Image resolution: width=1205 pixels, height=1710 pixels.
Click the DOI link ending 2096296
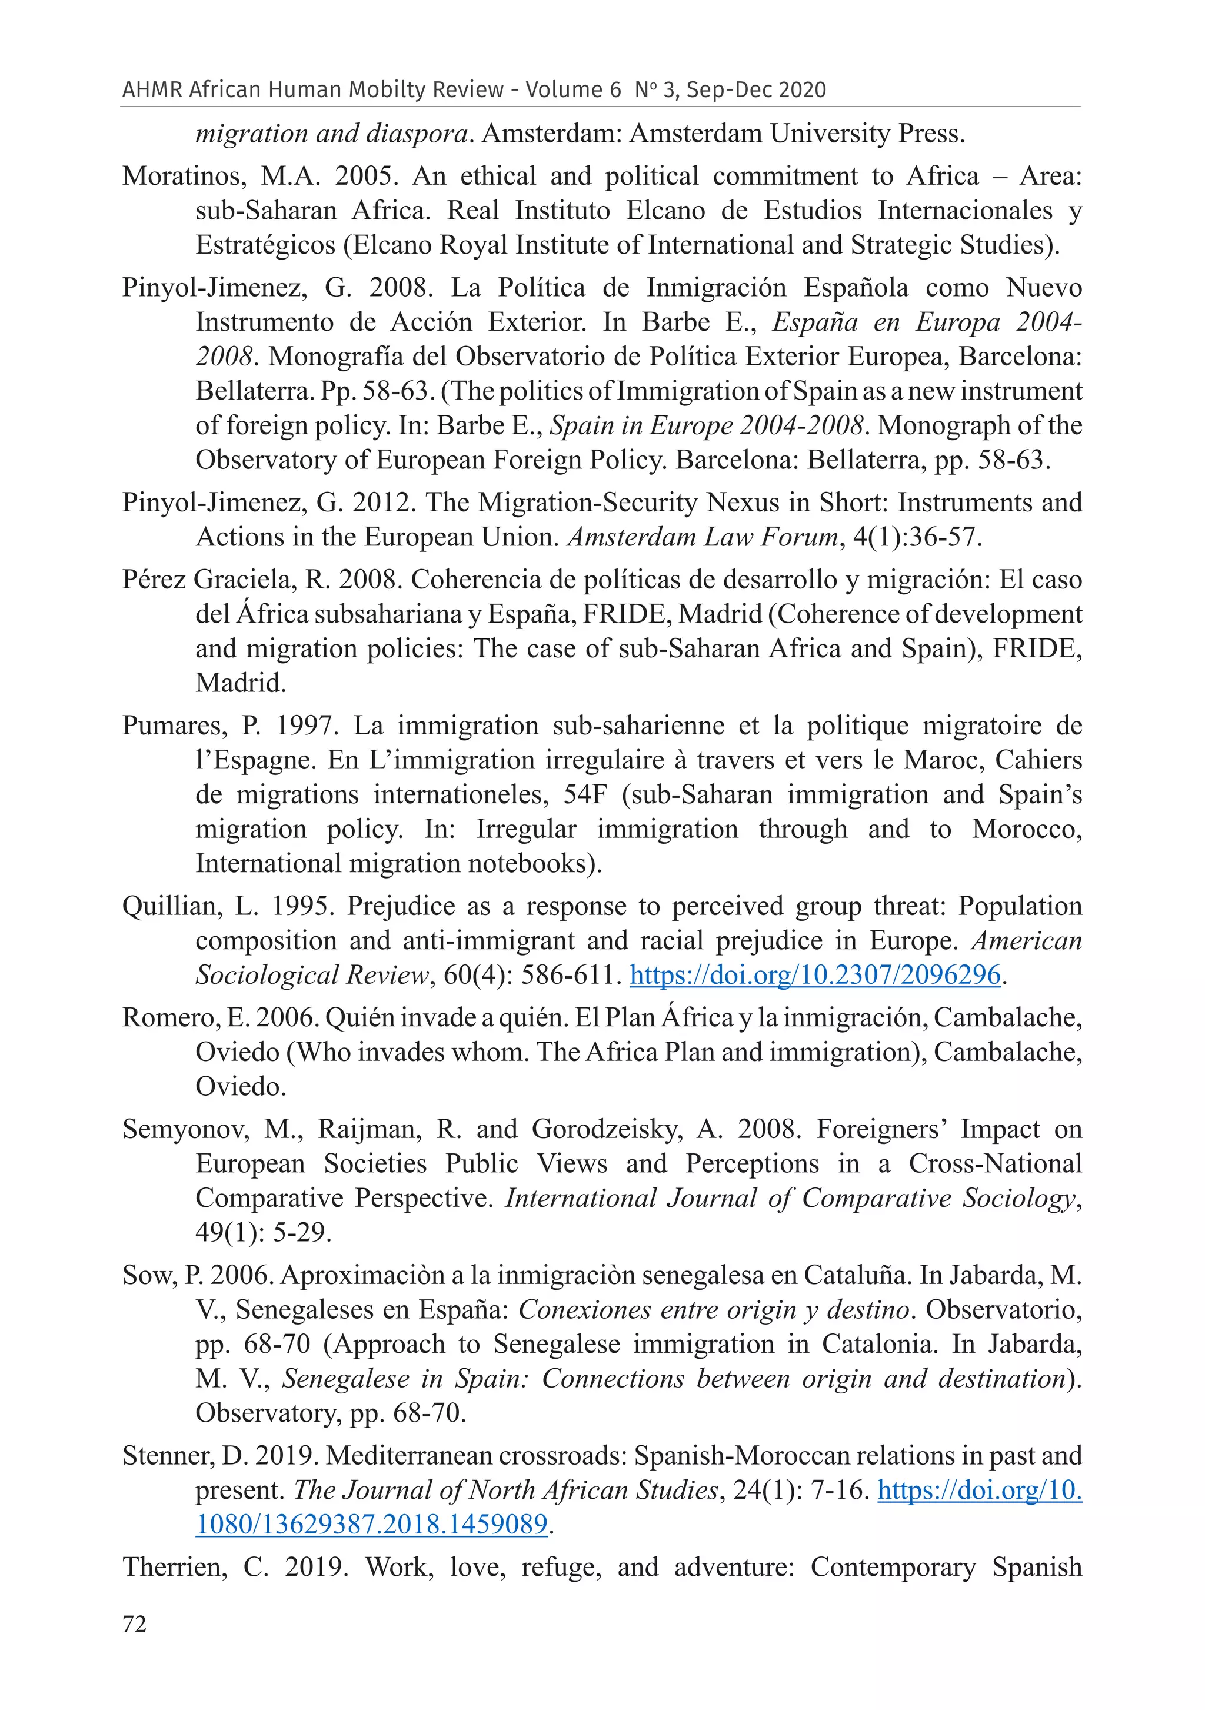pyautogui.click(x=815, y=975)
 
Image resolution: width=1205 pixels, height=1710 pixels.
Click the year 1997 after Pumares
pyautogui.click(x=304, y=726)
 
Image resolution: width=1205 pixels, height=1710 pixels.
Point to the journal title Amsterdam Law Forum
pyautogui.click(x=703, y=538)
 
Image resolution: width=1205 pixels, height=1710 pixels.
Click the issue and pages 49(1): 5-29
pyautogui.click(x=263, y=1233)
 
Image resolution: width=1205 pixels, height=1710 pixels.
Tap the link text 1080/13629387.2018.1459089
pyautogui.click(x=372, y=1524)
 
